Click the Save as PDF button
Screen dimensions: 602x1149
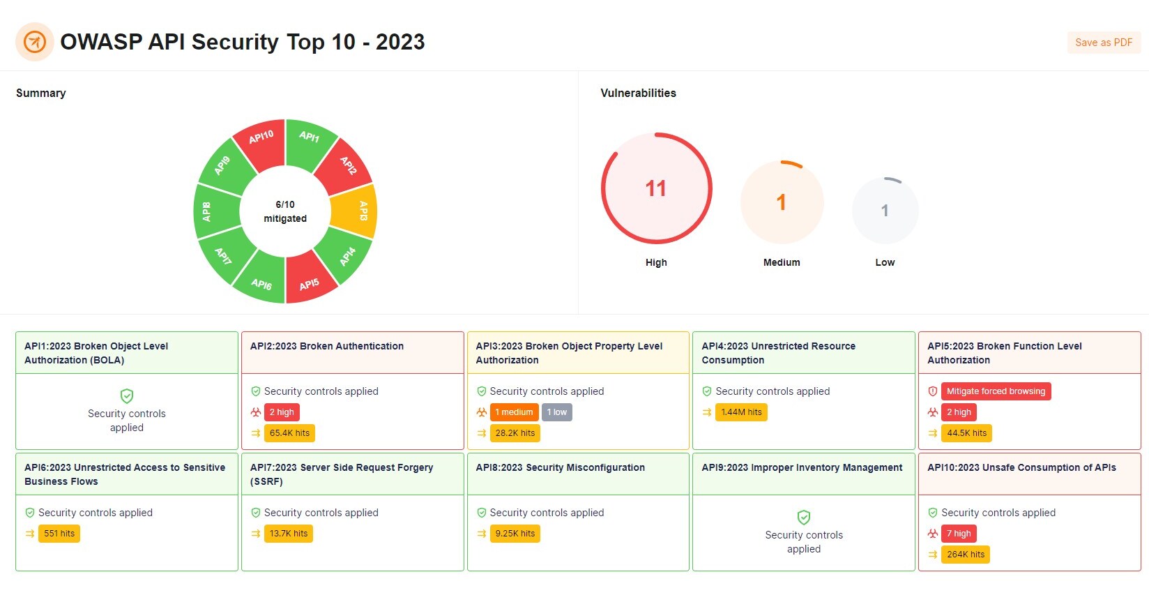(x=1103, y=43)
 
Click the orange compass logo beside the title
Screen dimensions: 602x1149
(x=35, y=42)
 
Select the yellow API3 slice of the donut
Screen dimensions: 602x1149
(x=356, y=211)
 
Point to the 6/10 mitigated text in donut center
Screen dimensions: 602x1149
(x=285, y=211)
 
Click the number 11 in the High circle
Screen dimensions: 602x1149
(x=655, y=188)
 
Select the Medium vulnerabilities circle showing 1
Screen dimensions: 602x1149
(x=782, y=202)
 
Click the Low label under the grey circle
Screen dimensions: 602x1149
(x=885, y=262)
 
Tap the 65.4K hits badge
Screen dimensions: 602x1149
(x=289, y=433)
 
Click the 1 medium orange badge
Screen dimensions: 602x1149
(x=514, y=412)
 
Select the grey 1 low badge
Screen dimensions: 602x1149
(x=557, y=412)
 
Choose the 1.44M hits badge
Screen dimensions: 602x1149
(x=741, y=412)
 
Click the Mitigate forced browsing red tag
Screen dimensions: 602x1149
(x=996, y=391)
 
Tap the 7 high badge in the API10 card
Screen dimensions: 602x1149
(x=959, y=534)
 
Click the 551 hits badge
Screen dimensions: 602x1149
(x=59, y=534)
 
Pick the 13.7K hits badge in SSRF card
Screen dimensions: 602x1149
(x=289, y=534)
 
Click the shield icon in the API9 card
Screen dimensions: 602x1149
(x=804, y=517)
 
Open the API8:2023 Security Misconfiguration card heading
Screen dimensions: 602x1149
(x=560, y=467)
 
